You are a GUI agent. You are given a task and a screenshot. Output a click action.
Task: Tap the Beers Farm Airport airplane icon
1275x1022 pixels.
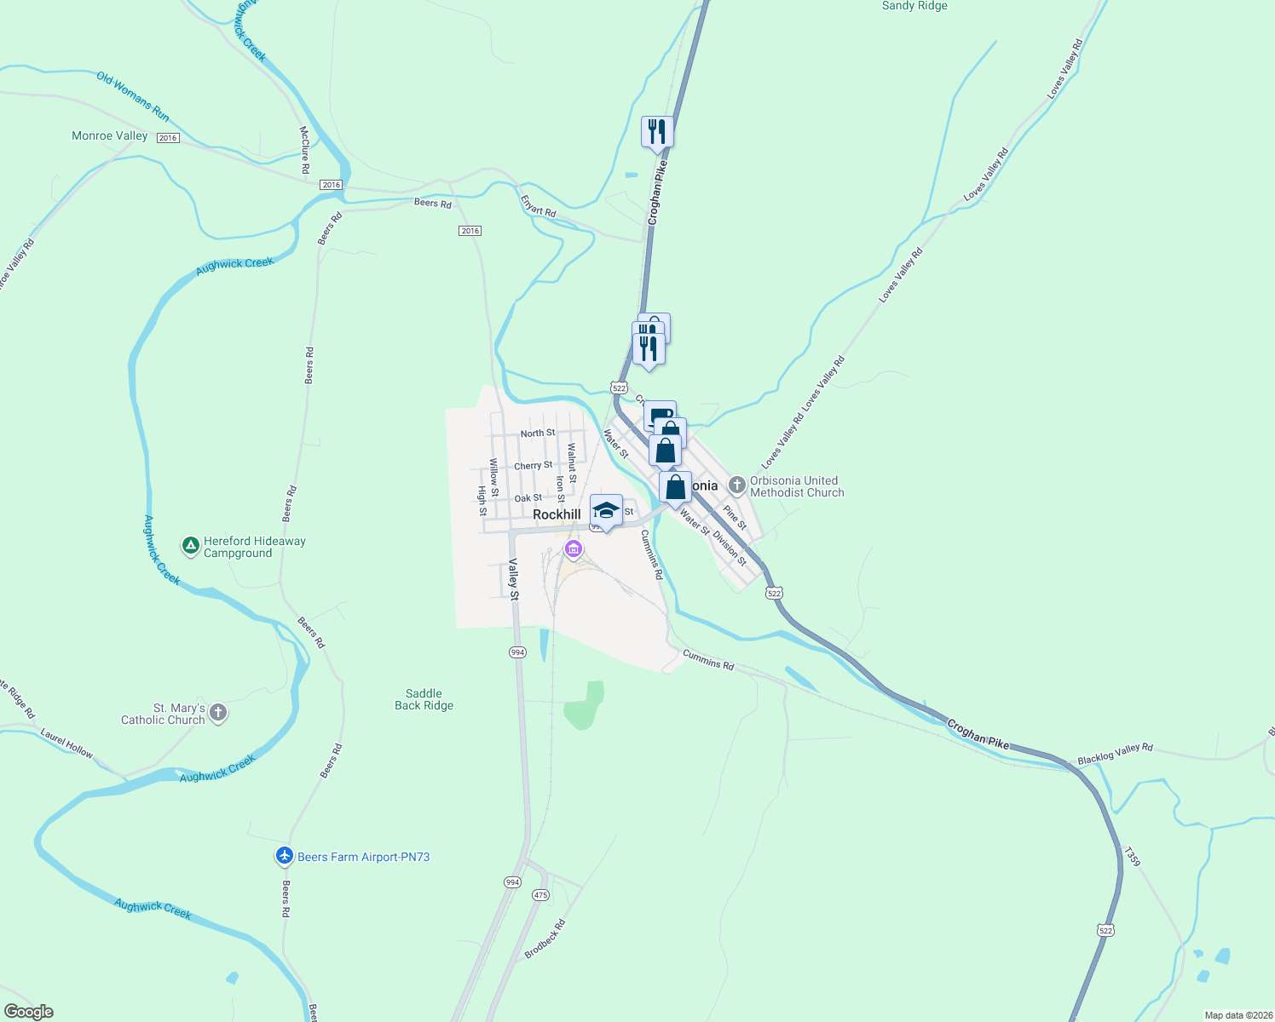click(285, 856)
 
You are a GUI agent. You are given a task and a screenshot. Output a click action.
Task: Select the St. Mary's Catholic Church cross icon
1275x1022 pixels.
click(218, 713)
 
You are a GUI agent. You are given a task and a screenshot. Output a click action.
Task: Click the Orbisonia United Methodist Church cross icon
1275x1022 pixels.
click(737, 485)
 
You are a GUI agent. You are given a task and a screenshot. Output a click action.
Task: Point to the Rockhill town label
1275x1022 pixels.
click(557, 514)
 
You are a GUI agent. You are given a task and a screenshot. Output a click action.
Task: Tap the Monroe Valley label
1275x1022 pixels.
click(110, 136)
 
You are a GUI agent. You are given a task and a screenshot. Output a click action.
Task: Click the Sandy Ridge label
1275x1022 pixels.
click(914, 6)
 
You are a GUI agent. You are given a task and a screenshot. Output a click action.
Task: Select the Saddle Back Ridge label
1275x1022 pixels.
click(424, 699)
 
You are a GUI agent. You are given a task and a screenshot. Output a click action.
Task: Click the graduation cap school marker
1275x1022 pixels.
click(606, 511)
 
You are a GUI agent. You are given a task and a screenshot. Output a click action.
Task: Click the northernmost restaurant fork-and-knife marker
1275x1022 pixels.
click(657, 132)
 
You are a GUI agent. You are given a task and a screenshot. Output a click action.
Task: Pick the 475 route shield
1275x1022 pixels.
click(540, 895)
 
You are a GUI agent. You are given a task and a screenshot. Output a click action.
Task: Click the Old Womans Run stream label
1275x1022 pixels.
click(133, 96)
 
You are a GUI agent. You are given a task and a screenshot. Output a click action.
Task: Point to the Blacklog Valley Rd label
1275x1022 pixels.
click(1115, 754)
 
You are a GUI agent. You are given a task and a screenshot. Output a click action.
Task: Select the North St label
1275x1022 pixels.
click(538, 433)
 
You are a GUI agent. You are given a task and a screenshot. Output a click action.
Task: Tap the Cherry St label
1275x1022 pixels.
click(534, 466)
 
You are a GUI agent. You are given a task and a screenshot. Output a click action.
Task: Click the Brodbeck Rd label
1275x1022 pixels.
click(545, 939)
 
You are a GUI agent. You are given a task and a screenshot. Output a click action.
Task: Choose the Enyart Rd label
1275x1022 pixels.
click(538, 206)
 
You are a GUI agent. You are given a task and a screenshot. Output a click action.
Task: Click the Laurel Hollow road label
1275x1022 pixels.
click(66, 742)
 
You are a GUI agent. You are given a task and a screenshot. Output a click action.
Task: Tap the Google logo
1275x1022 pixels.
click(29, 1012)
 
